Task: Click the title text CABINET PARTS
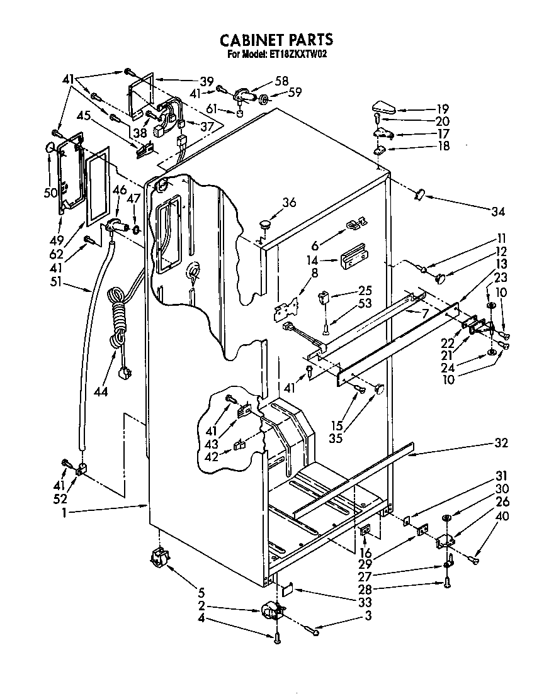coord(276,40)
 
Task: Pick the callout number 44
coord(100,392)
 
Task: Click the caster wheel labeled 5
coord(161,557)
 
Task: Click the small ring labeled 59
coord(265,99)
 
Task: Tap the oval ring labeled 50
coord(49,148)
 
